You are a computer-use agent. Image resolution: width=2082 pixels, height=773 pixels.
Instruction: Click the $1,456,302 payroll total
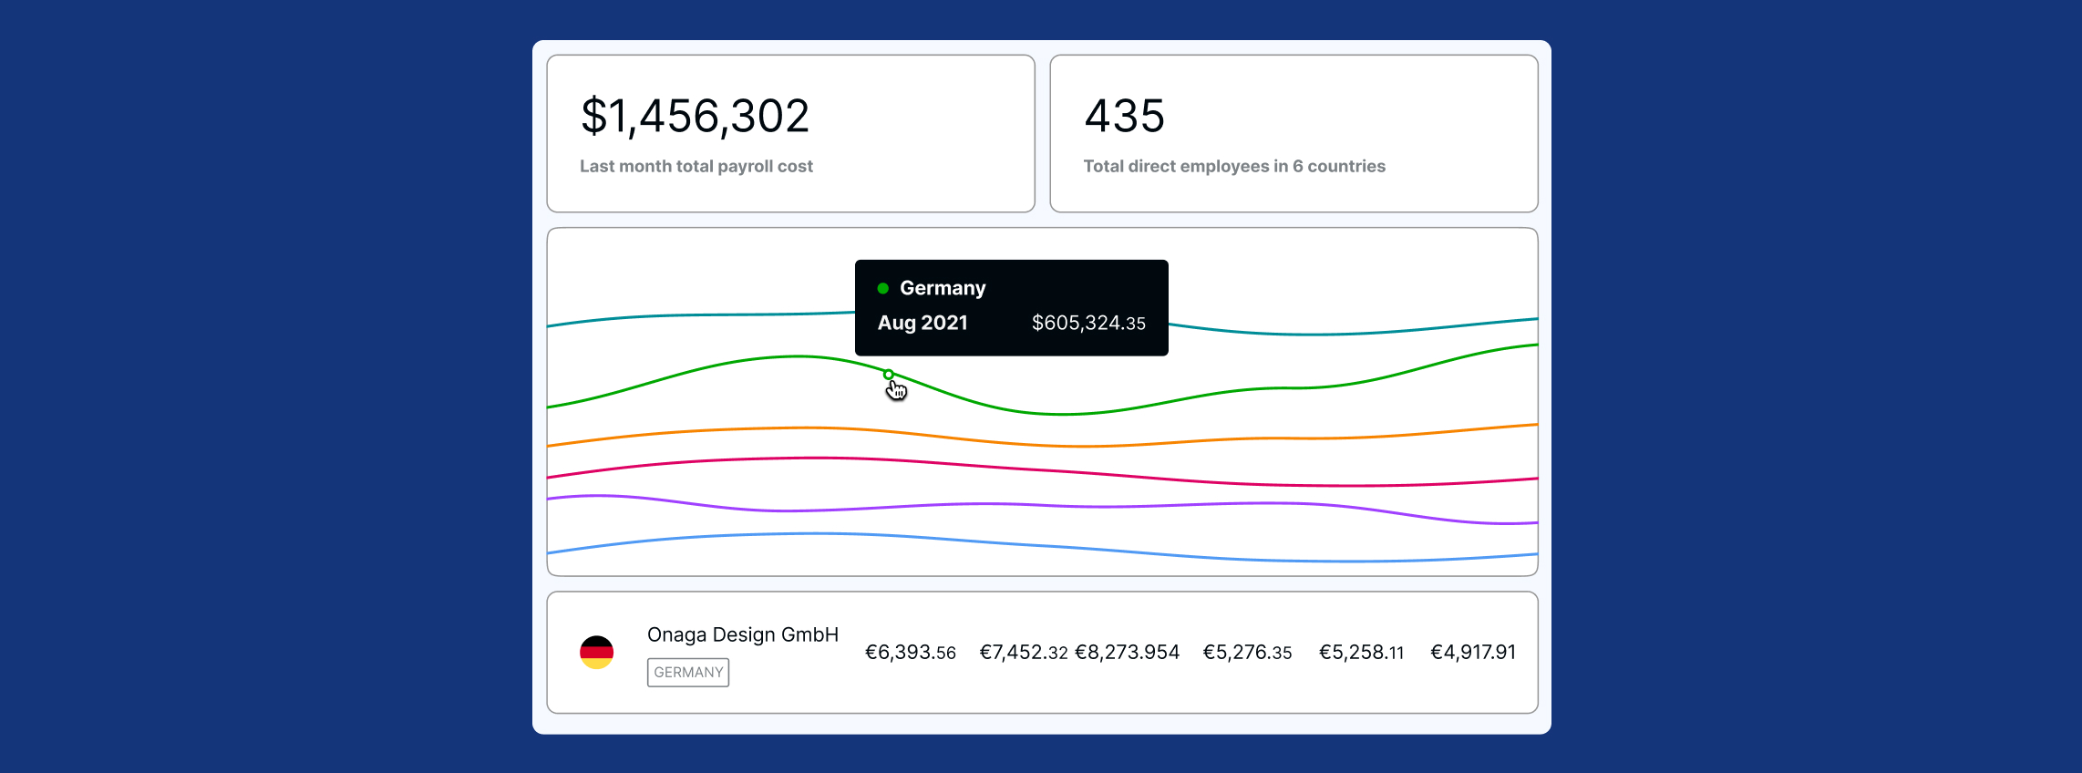695,117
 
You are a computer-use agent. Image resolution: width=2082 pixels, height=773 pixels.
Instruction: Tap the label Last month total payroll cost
696,166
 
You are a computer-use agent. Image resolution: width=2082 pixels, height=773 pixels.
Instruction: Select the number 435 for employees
1124,117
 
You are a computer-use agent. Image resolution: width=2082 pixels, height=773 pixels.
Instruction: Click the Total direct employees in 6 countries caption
1233,166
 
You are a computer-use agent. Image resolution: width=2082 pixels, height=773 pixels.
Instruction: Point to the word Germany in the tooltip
942,288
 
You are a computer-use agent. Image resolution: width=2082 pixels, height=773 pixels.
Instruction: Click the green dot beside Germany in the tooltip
882,288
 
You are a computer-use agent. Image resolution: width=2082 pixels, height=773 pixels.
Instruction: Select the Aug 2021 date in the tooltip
922,323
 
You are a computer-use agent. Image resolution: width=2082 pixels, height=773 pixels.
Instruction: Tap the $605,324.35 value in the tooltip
1087,323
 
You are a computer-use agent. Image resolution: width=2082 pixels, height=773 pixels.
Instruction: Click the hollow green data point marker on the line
888,375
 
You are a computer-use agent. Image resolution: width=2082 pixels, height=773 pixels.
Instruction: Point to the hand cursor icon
897,391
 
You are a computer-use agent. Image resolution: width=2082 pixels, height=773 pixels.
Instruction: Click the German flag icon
596,652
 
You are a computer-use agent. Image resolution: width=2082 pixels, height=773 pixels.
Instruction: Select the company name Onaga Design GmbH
742,634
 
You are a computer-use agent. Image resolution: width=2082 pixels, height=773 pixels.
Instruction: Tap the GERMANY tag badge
687,672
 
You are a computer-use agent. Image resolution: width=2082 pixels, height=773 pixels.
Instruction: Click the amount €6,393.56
910,653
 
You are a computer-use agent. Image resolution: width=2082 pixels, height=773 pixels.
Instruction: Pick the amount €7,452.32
1023,653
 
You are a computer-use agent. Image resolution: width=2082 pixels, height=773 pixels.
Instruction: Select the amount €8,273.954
1127,653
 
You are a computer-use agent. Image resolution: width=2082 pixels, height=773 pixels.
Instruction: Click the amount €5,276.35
1247,653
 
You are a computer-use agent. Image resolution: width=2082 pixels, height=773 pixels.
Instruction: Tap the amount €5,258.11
1361,653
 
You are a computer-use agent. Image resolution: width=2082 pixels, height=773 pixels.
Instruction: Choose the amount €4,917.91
1472,653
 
